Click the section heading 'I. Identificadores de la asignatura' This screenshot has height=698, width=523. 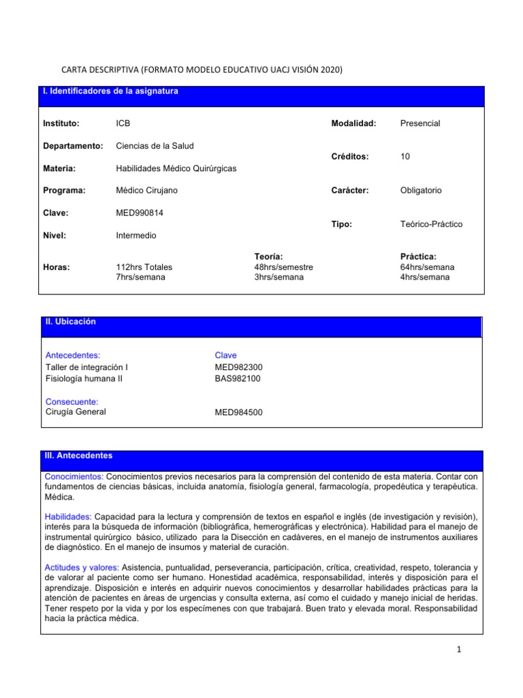[x=110, y=91]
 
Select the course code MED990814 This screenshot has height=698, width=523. [x=140, y=213]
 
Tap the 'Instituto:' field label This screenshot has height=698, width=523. [x=61, y=123]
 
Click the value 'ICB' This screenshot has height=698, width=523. [x=124, y=123]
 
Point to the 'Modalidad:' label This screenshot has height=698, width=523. [x=353, y=123]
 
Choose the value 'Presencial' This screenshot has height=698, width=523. [x=420, y=123]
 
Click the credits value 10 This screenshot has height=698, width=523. [x=405, y=157]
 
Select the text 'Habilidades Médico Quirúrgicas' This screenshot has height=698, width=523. [x=176, y=168]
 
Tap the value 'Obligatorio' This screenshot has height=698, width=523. [x=421, y=190]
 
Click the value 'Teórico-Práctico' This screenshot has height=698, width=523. [x=432, y=224]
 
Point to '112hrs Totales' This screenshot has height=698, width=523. [x=144, y=267]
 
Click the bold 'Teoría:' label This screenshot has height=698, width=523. [x=268, y=256]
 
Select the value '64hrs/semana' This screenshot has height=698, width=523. [x=427, y=267]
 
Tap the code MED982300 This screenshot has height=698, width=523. [x=238, y=367]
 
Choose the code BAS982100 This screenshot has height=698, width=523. [x=237, y=378]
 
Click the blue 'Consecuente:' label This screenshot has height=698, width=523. [x=72, y=401]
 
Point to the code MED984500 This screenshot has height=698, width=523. [x=238, y=412]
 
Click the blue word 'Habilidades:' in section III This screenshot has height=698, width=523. [x=68, y=516]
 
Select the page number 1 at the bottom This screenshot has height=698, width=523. [x=460, y=650]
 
